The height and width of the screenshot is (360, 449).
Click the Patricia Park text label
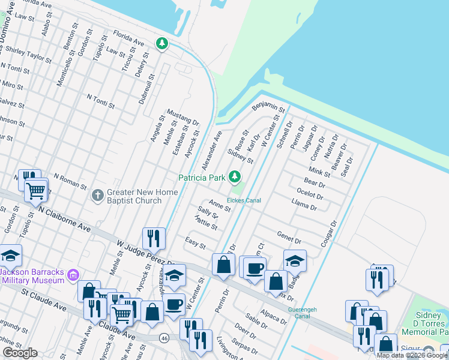201,178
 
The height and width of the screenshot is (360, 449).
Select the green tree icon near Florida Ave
161,43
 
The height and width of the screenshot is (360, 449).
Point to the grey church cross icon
97,196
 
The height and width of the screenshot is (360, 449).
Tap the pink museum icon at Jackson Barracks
73,275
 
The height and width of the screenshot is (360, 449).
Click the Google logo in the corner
20,353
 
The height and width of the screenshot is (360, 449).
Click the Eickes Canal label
243,200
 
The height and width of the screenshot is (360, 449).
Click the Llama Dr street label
304,207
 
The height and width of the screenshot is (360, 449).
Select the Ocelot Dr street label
310,193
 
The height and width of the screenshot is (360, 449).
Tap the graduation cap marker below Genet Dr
294,262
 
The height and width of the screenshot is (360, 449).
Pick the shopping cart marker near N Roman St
36,191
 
